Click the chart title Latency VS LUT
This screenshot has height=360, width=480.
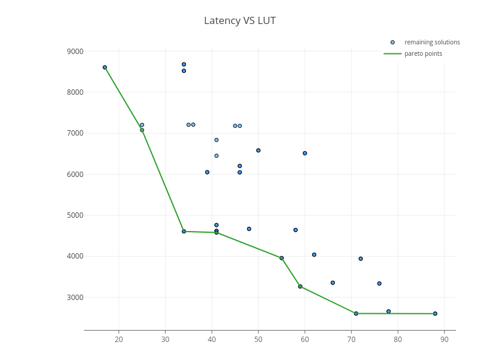240,20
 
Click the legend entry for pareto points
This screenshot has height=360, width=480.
423,53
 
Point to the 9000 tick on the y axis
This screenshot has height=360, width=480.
76,52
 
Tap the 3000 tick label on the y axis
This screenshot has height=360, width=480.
76,297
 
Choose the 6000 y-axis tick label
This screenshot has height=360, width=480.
76,175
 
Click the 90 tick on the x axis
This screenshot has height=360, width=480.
445,340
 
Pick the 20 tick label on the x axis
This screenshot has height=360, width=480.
119,340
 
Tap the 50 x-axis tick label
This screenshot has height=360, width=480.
258,340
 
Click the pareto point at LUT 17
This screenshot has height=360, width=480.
105,68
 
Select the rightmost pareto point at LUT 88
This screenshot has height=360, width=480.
435,313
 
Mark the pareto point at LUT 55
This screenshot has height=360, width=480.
281,258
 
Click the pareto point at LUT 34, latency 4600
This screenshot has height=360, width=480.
184,231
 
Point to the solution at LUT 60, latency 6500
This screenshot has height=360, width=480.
305,153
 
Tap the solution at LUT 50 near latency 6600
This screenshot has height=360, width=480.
258,150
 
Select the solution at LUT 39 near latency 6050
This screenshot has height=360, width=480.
207,172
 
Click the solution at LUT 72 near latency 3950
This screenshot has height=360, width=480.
361,259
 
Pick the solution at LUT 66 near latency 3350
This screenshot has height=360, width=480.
332,283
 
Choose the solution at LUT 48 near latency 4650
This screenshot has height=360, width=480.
249,229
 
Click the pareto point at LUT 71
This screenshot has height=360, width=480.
356,313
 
